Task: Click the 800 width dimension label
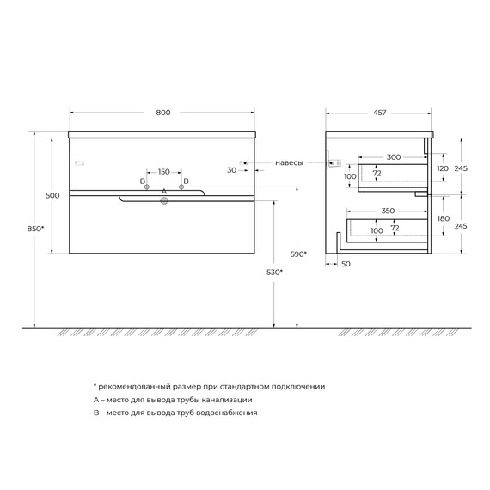(163, 113)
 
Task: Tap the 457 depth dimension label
(379, 113)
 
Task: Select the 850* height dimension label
(35, 229)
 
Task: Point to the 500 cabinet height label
(52, 196)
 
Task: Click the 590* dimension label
(298, 254)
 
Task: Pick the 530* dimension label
(274, 273)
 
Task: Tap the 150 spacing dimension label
(164, 172)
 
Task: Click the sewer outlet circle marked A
(164, 201)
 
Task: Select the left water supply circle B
(147, 187)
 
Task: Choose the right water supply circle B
(181, 187)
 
